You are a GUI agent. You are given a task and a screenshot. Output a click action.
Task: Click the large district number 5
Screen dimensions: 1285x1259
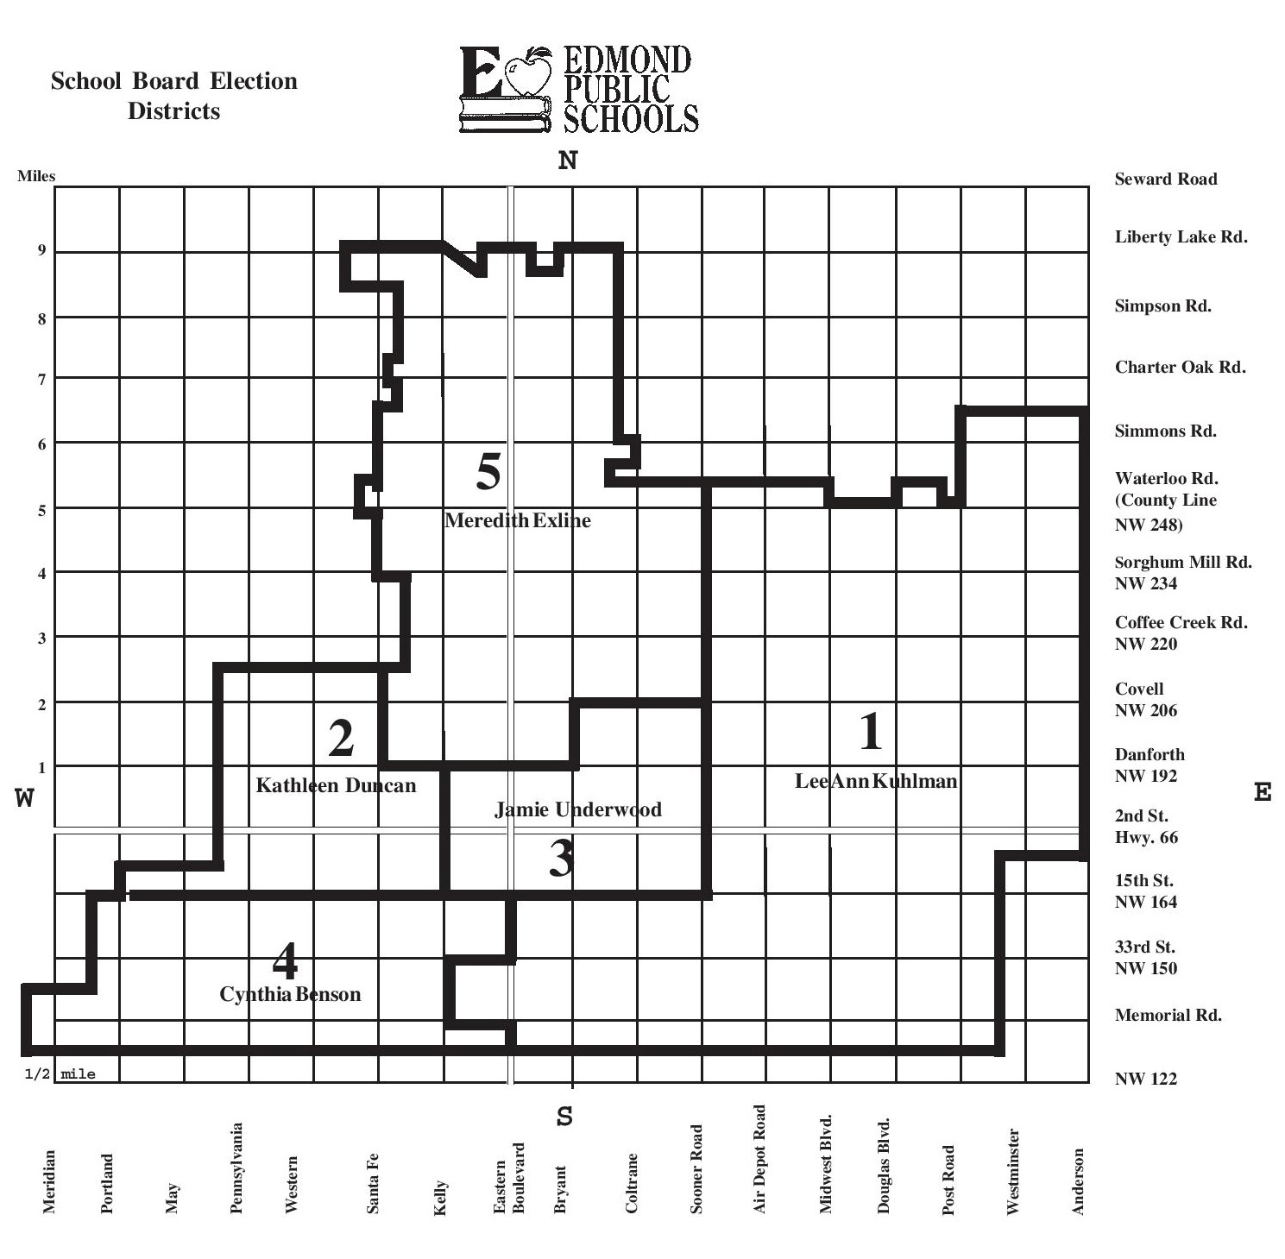488,472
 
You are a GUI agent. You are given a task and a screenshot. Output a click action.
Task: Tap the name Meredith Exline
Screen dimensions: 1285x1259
518,520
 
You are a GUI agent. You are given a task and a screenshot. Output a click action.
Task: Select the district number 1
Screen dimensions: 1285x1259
871,731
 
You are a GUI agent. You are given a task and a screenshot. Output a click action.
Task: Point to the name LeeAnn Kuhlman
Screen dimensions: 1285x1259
876,781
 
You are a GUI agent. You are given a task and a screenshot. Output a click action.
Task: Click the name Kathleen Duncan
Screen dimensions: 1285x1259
336,785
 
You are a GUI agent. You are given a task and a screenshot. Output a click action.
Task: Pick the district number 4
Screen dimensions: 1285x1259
285,960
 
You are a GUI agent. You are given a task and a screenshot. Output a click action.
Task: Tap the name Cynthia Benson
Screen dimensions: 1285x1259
290,994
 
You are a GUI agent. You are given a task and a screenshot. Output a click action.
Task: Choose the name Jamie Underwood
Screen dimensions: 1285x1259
578,809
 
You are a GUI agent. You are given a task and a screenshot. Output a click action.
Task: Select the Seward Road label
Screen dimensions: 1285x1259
1166,179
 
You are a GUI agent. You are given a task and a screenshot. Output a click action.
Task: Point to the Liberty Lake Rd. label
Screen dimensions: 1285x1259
1181,237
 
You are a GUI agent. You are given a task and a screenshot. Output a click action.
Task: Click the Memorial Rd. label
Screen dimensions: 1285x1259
1168,1016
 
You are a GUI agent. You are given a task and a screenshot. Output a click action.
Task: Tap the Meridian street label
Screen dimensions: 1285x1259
49,1182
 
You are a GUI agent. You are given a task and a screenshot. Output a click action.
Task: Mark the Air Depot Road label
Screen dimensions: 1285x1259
759,1159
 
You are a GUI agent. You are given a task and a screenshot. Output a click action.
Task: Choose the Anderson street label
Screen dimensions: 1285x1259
1078,1181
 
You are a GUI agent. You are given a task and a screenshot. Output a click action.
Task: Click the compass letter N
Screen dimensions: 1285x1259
567,161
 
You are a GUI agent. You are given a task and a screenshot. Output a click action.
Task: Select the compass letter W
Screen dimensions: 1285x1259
24,798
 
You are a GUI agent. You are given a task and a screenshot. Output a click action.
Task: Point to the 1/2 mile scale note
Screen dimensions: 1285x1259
60,1074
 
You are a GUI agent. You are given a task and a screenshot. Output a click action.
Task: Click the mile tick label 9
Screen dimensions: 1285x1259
41,251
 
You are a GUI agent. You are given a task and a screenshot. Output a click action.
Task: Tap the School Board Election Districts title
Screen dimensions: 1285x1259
174,96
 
